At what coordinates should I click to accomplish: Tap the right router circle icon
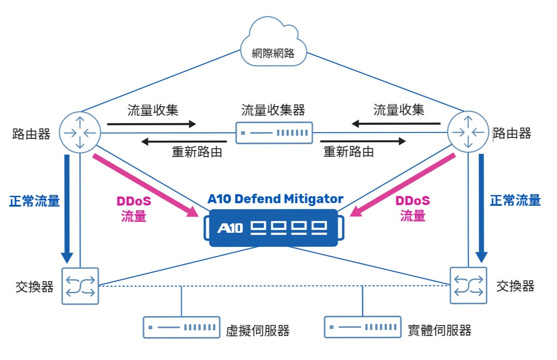coord(468,133)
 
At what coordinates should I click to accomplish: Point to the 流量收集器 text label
coord(273,110)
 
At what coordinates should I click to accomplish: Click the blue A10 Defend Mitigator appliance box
coord(274,228)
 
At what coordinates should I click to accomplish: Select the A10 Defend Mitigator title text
coord(275,199)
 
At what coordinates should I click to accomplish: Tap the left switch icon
coord(80,286)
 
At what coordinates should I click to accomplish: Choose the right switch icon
coord(468,285)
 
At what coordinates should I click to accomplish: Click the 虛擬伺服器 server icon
coord(182,327)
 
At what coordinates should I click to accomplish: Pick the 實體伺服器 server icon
coord(363,327)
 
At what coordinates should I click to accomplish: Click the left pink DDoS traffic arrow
coord(145,185)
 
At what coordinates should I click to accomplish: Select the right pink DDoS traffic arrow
coord(404,185)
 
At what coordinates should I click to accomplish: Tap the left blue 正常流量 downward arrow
coord(67,208)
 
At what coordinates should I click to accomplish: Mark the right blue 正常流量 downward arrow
coord(481,208)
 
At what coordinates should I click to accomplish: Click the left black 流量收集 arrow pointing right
coord(151,124)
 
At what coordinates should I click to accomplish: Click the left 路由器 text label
coord(31,134)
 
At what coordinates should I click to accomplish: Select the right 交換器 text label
coord(515,286)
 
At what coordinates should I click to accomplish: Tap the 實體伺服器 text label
coord(439,330)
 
